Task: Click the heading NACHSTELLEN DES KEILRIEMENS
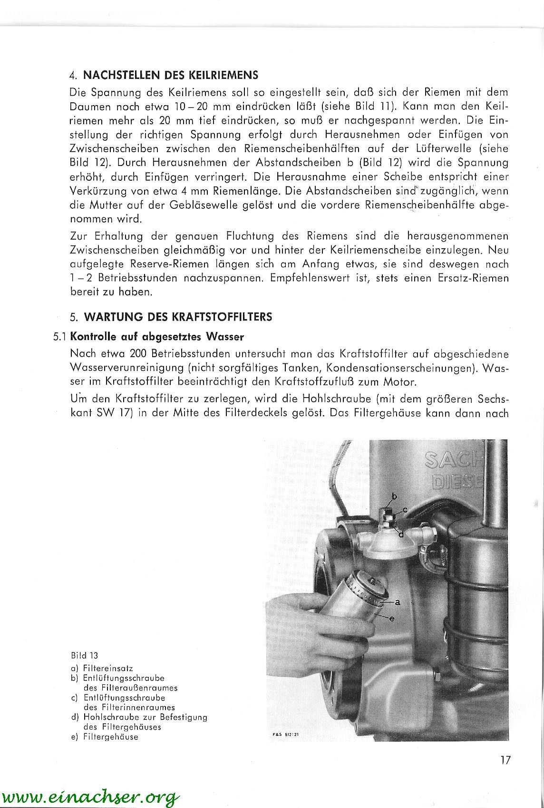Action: click(x=170, y=75)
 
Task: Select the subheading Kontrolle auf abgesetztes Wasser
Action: click(x=157, y=337)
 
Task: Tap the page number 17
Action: click(x=505, y=760)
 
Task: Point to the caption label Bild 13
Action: click(x=84, y=655)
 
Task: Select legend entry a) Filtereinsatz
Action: click(x=102, y=668)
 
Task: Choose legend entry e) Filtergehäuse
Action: click(x=104, y=737)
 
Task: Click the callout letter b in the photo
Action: click(x=394, y=496)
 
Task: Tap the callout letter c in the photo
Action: click(x=405, y=510)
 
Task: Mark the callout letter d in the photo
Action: click(x=401, y=534)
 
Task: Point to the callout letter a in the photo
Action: click(x=398, y=602)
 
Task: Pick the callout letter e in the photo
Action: click(x=392, y=618)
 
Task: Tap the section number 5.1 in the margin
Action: click(x=60, y=337)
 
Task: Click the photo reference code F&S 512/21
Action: click(x=286, y=734)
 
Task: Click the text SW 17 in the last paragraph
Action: click(x=110, y=413)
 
